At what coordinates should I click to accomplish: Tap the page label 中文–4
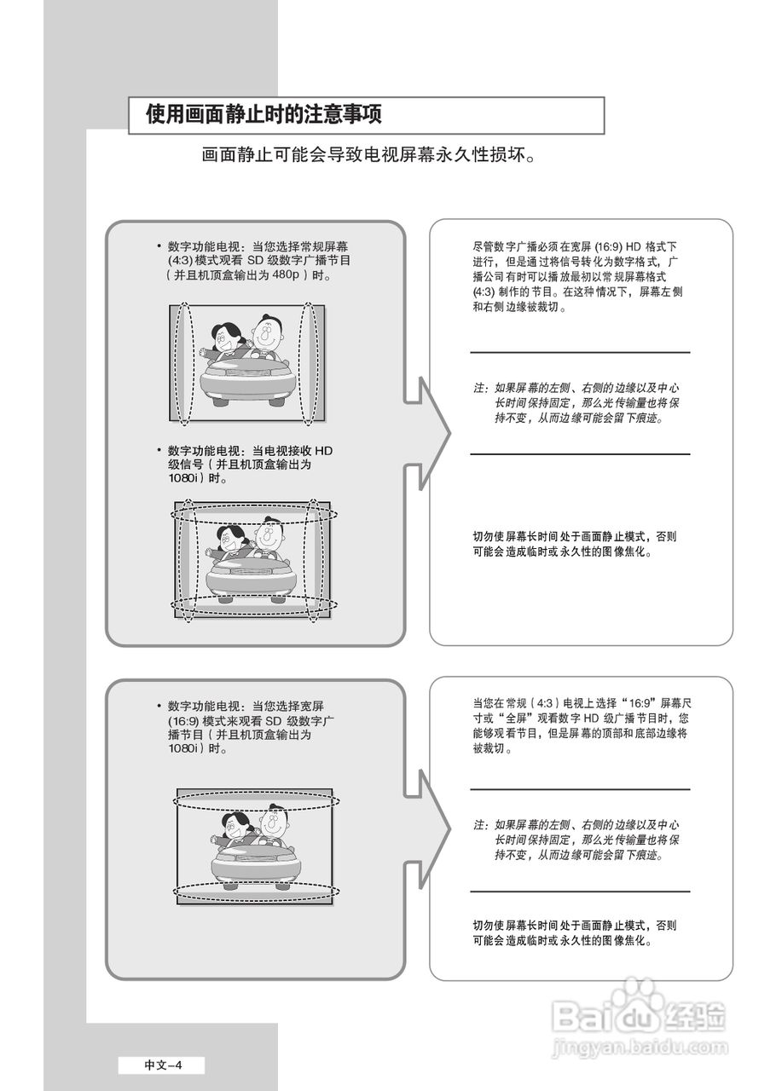161,1065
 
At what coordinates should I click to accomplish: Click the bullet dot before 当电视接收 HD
159,449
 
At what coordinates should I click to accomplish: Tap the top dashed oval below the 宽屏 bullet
258,802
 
